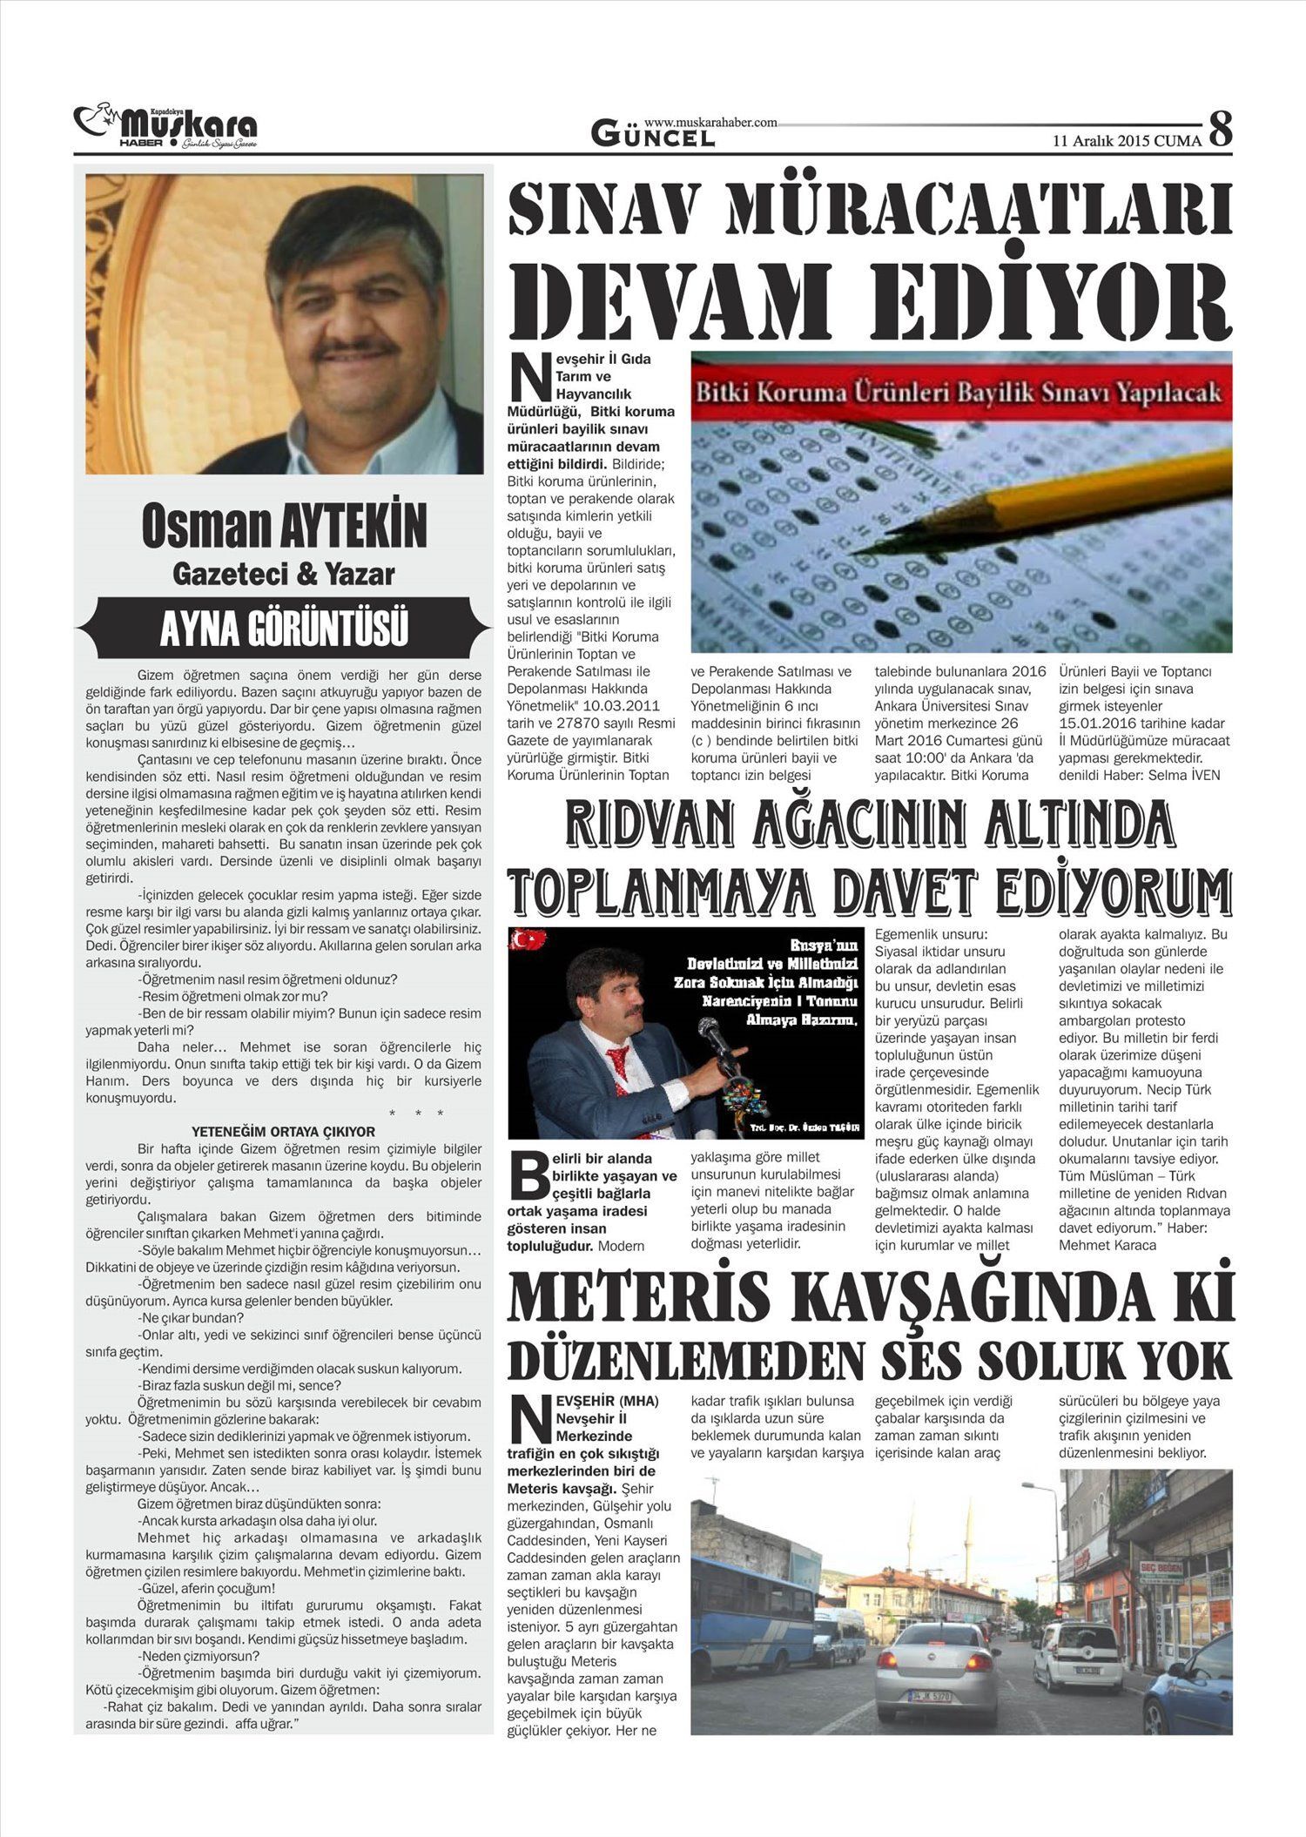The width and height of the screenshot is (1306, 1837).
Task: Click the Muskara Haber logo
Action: tap(165, 128)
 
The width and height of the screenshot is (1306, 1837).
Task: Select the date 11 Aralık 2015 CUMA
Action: tap(1127, 140)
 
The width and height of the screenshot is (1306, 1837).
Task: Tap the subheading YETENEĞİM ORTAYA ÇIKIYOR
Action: tap(283, 1131)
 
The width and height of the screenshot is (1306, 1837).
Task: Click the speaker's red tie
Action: tap(619, 1067)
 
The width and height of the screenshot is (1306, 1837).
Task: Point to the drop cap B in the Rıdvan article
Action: tap(528, 1176)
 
